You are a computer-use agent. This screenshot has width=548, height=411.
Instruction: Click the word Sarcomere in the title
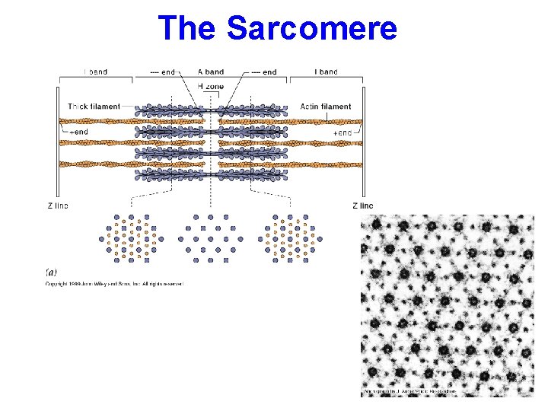pyautogui.click(x=312, y=28)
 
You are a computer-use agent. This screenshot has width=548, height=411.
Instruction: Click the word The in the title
pyautogui.click(x=189, y=28)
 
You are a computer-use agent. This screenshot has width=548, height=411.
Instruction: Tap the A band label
pyautogui.click(x=210, y=72)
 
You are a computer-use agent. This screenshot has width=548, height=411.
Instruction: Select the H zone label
pyautogui.click(x=210, y=87)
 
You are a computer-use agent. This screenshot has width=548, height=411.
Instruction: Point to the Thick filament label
pyautogui.click(x=94, y=107)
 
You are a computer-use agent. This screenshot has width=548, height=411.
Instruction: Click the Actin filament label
pyautogui.click(x=326, y=107)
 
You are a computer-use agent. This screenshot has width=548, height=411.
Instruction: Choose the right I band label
pyautogui.click(x=326, y=72)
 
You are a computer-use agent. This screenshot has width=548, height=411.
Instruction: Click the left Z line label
pyautogui.click(x=59, y=205)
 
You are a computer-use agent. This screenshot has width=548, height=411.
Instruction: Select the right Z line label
pyautogui.click(x=363, y=205)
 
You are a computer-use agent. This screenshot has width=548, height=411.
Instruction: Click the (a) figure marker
pyautogui.click(x=50, y=271)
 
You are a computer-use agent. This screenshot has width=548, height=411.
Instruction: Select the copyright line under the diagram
pyautogui.click(x=114, y=283)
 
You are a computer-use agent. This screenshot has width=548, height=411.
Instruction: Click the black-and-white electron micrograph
pyautogui.click(x=447, y=304)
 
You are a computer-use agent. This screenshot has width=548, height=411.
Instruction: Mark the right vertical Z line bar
pyautogui.click(x=364, y=141)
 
